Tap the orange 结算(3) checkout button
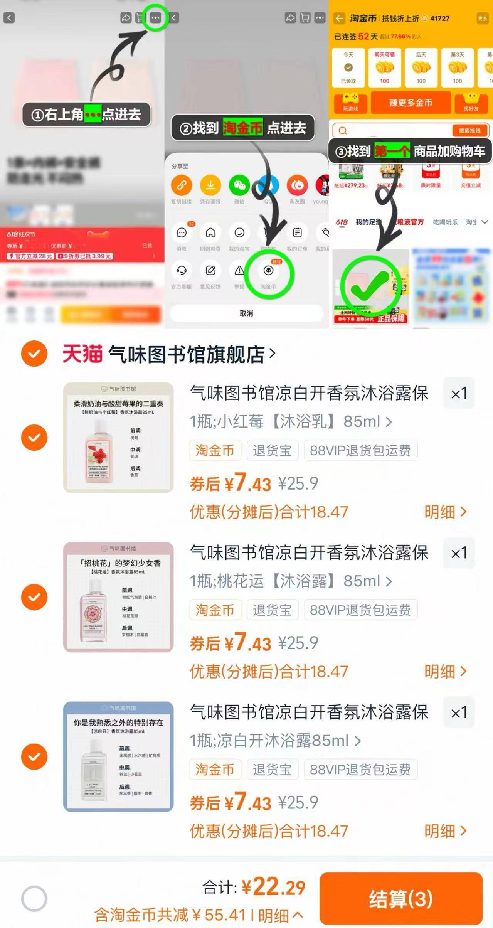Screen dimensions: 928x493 (401, 898)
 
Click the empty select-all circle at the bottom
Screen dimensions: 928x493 (34, 898)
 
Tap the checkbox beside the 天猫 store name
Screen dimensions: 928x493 (34, 353)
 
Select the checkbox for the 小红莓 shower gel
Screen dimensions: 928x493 (34, 437)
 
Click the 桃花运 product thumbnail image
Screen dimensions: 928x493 (118, 597)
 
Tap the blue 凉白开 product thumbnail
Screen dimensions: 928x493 (118, 756)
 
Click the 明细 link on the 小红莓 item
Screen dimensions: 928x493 (445, 512)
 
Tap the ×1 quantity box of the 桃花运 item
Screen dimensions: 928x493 (459, 553)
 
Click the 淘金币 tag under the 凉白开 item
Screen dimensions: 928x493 (215, 770)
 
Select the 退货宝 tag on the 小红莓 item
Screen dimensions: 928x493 (272, 450)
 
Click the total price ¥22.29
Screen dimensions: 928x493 (273, 887)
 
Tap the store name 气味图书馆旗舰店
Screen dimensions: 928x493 (187, 354)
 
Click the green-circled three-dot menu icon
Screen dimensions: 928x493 (155, 18)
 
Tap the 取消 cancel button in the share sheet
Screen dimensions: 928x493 (246, 313)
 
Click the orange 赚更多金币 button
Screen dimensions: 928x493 (411, 103)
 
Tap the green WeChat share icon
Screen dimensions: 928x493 (239, 185)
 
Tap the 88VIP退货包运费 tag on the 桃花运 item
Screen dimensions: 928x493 (360, 610)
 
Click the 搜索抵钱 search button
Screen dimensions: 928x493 (469, 130)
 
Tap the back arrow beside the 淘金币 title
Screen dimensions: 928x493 (339, 18)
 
